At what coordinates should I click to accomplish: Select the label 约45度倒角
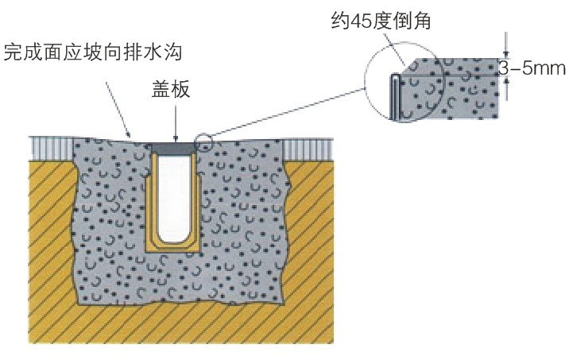pyautogui.click(x=381, y=21)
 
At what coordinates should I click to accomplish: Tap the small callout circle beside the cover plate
pyautogui.click(x=203, y=143)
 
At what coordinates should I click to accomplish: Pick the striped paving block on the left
pyautogui.click(x=51, y=147)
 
